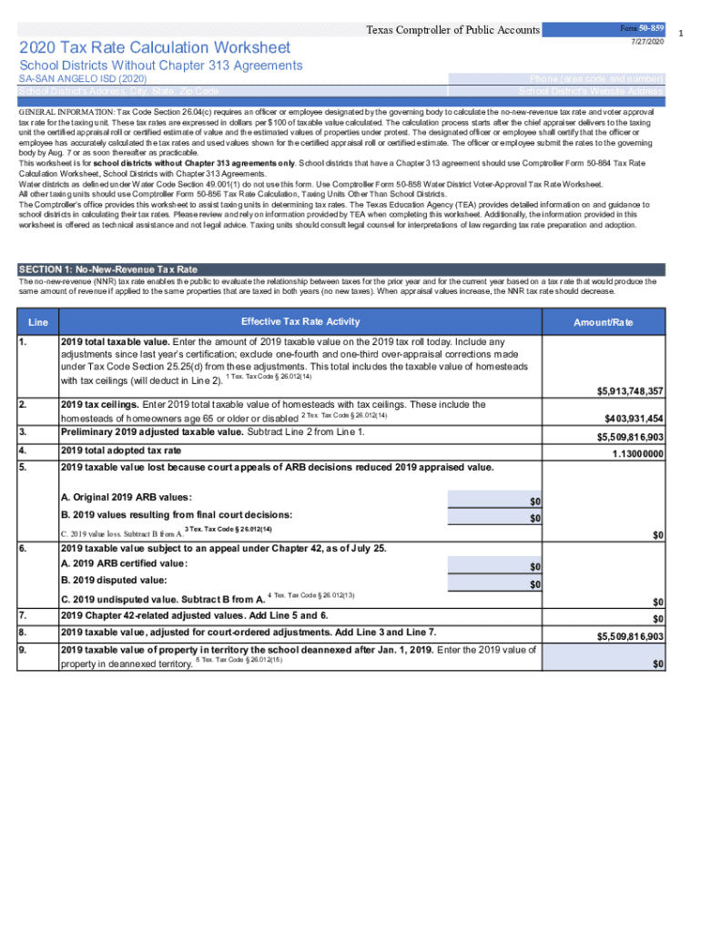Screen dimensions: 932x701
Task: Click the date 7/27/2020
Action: point(648,43)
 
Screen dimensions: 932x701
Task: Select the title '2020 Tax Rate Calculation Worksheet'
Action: point(155,47)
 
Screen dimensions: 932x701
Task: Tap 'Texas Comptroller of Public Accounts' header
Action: point(452,30)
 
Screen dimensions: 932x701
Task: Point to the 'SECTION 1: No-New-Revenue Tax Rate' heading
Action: point(108,269)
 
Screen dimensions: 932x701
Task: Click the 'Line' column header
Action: point(38,322)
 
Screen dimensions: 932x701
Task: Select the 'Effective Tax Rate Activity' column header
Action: point(300,321)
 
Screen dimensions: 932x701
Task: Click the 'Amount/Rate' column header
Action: point(603,322)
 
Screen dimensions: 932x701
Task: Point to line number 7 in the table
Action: point(24,616)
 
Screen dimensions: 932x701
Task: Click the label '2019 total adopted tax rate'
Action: point(121,451)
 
